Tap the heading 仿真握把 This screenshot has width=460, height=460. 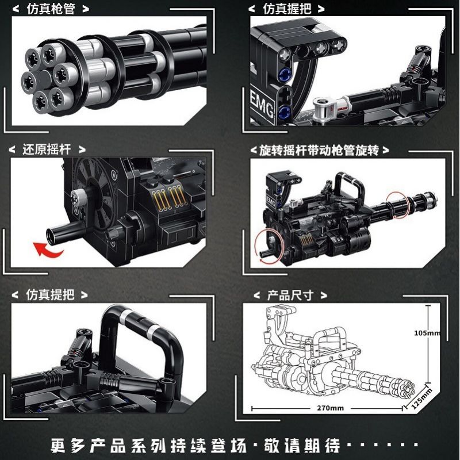(x=286, y=9)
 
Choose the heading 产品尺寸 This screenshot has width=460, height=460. (x=290, y=295)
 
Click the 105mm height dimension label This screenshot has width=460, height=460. (x=427, y=333)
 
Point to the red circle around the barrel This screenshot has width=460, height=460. (x=397, y=203)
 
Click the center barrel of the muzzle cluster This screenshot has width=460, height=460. (x=44, y=79)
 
